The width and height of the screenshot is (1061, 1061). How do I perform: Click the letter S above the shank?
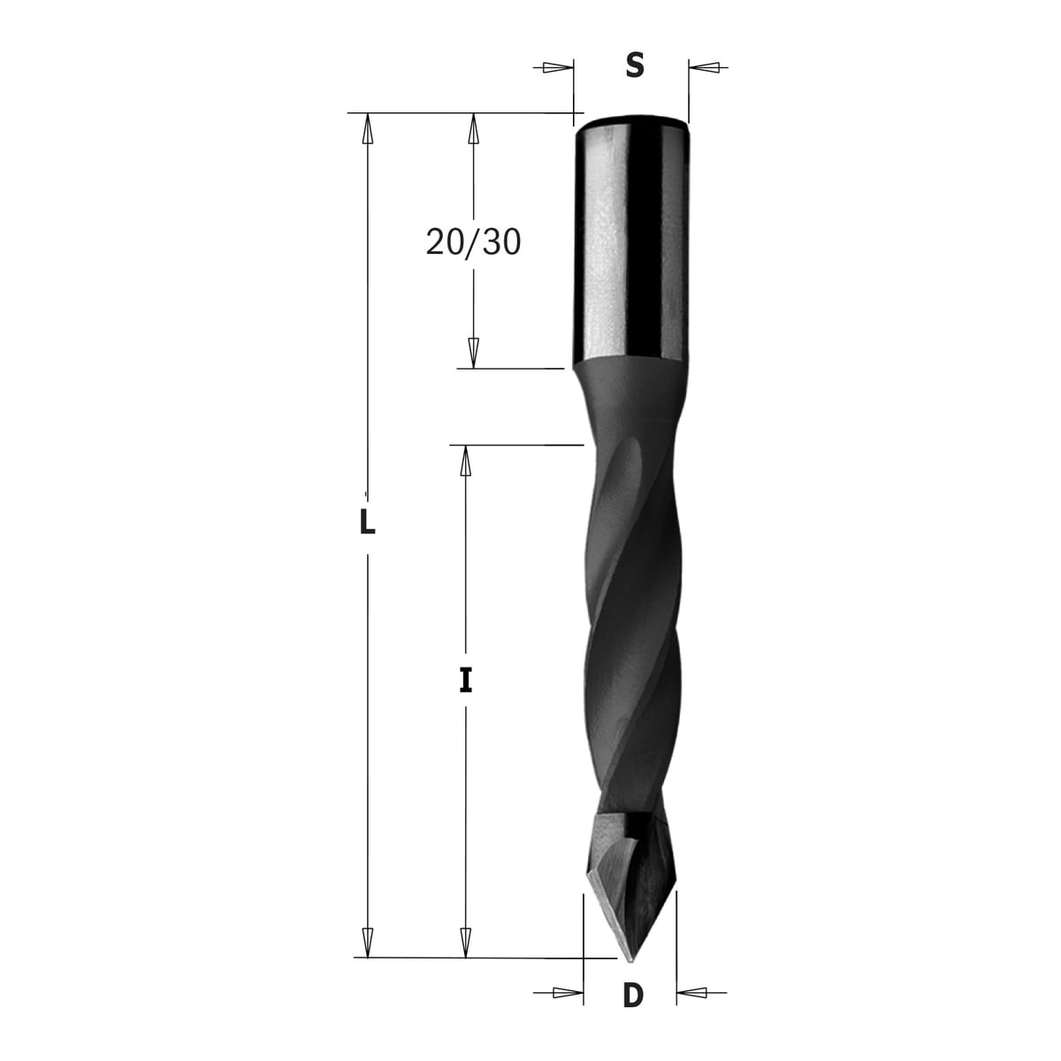click(635, 66)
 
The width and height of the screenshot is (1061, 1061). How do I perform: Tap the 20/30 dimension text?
click(473, 242)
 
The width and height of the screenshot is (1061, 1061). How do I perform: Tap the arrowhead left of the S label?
click(558, 68)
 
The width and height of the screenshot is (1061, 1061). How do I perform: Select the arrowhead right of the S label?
click(704, 68)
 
